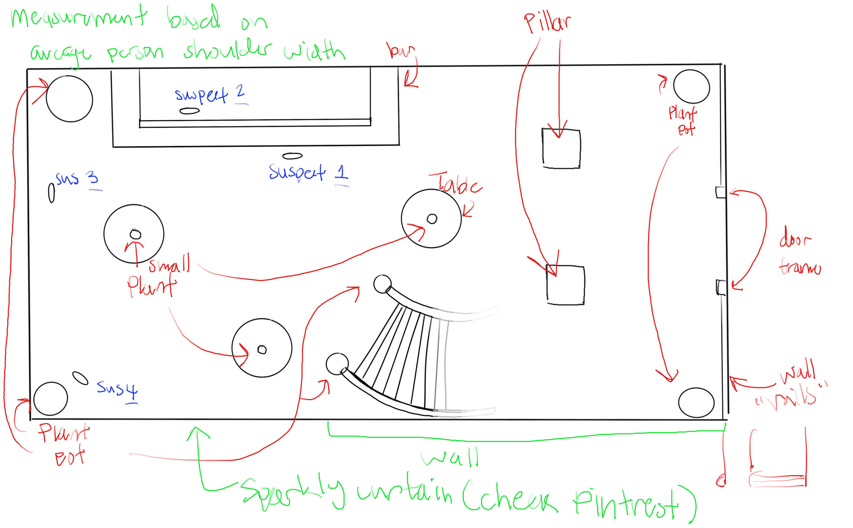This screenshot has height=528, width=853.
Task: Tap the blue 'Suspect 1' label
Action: click(308, 173)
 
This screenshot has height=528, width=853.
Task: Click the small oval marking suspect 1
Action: click(292, 156)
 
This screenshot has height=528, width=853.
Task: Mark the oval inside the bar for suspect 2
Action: click(190, 111)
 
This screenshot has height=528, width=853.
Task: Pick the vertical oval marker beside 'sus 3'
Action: click(51, 193)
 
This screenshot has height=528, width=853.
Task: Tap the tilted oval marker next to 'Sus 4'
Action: click(80, 378)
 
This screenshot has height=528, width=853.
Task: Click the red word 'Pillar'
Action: click(547, 23)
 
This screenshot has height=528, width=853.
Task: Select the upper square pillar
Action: click(561, 149)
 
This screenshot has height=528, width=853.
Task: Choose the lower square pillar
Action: click(566, 285)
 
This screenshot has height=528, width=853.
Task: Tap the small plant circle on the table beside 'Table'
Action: click(432, 219)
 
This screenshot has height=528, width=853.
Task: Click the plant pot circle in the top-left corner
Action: click(70, 99)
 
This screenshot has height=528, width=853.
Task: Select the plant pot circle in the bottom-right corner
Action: click(696, 402)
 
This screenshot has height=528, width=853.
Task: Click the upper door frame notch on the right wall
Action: click(720, 192)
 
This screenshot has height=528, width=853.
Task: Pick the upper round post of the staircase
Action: click(382, 284)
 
